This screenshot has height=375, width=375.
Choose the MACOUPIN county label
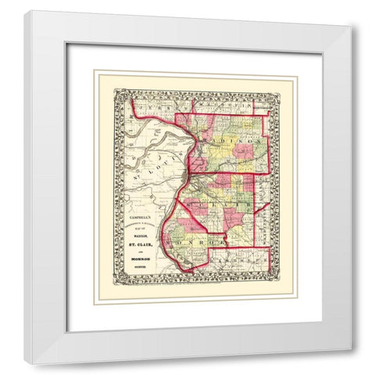point(234,104)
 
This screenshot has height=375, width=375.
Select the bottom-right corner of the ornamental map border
point(278,284)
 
